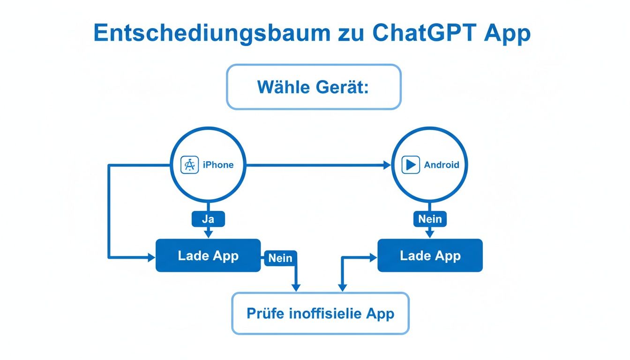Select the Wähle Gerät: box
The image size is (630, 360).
coord(314,87)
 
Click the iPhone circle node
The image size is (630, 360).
coord(208,141)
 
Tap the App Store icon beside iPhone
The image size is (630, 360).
coord(189,165)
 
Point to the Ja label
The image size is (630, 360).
coord(208,219)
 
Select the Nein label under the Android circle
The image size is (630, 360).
coord(430,219)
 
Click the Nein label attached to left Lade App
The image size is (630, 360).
coord(280,258)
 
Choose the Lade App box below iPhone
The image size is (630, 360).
coord(208,255)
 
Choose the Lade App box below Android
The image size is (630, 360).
coord(430,255)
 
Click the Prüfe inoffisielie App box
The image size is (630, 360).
coord(320,313)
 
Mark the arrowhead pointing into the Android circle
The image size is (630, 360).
coord(387,165)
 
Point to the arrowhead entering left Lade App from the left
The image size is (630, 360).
coord(151,257)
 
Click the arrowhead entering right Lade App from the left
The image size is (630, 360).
coord(374,257)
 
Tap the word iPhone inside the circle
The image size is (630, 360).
coord(218,165)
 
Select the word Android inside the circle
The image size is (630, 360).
coord(442,165)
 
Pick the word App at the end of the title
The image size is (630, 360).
coord(508,33)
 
